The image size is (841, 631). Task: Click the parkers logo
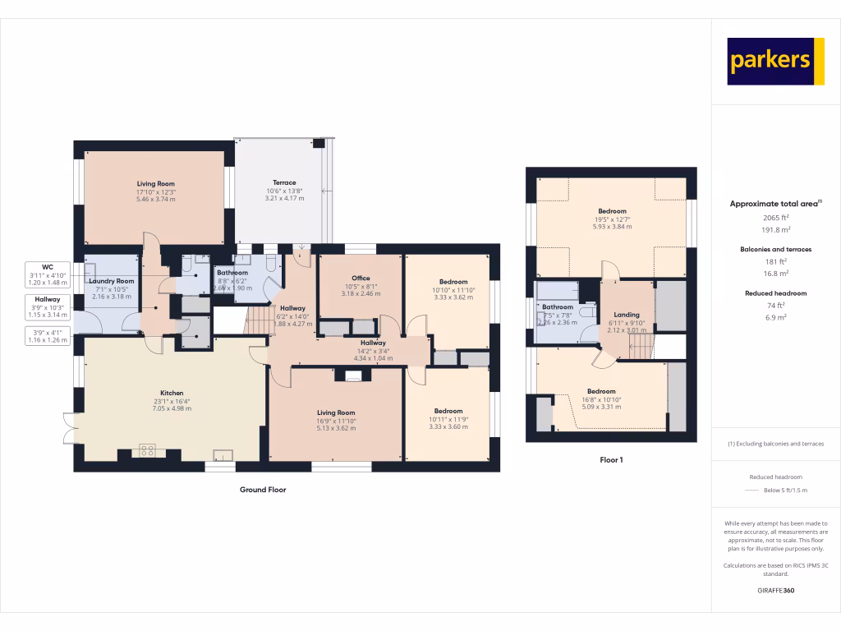pyautogui.click(x=775, y=61)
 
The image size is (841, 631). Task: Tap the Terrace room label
pyautogui.click(x=284, y=183)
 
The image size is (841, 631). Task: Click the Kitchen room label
pyautogui.click(x=172, y=393)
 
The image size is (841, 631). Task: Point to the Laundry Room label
pyautogui.click(x=113, y=281)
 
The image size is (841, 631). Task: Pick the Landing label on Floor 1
pyautogui.click(x=627, y=315)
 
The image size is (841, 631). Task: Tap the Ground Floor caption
pyautogui.click(x=263, y=490)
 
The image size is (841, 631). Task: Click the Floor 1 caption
pyautogui.click(x=612, y=460)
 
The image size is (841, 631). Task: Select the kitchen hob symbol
pyautogui.click(x=148, y=449)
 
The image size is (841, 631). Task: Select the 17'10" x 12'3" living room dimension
pyautogui.click(x=155, y=192)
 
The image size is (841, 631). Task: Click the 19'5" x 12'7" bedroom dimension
pyautogui.click(x=612, y=219)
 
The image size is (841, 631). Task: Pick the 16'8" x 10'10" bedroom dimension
pyautogui.click(x=601, y=399)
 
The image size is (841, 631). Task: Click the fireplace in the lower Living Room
pyautogui.click(x=353, y=376)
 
